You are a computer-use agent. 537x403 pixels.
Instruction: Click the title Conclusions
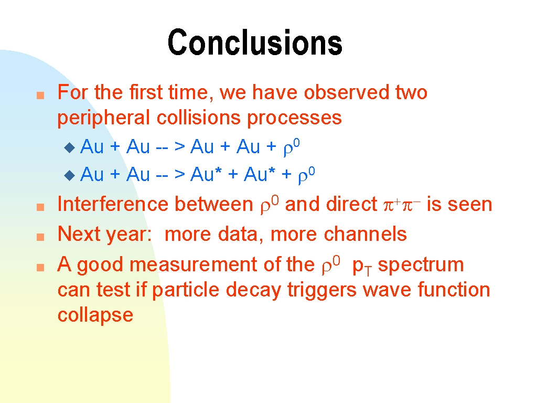point(255,42)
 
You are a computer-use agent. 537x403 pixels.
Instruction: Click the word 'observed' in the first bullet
point(347,92)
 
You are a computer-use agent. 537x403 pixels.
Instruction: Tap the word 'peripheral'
point(103,119)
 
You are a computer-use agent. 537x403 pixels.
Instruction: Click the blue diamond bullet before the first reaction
point(70,147)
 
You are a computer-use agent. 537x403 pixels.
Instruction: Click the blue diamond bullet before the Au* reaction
point(70,175)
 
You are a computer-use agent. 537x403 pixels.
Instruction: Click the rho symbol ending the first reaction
point(292,147)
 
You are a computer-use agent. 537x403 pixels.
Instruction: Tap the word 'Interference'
point(113,204)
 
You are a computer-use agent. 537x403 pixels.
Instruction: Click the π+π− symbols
point(402,205)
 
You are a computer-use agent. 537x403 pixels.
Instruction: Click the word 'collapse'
point(95,315)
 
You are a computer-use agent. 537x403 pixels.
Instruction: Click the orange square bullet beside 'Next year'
point(40,237)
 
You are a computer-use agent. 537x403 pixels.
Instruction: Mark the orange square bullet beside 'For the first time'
point(40,95)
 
